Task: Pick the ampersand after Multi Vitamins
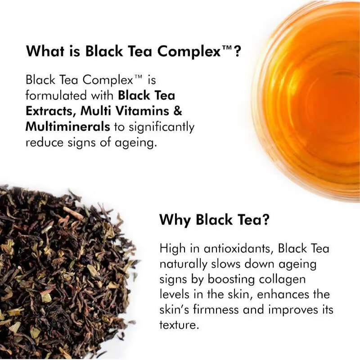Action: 177,111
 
